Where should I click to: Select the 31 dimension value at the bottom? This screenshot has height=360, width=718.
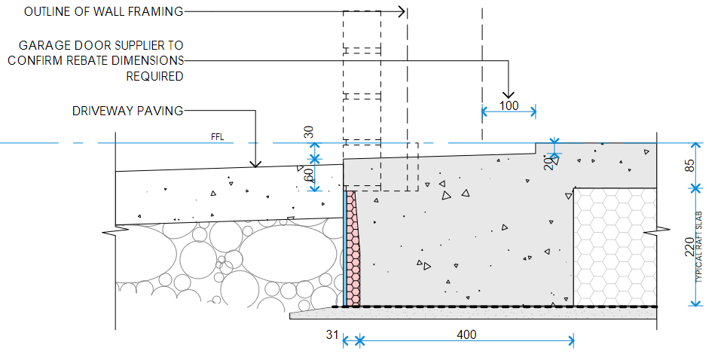pos(332,334)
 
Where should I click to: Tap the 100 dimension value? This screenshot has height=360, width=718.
pos(509,105)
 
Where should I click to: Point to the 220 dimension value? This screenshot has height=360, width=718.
pos(689,247)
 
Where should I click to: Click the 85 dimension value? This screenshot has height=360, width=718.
pos(690,164)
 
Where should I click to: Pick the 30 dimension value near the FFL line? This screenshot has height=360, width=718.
pos(307,133)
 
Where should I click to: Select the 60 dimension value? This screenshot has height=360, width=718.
pos(307,175)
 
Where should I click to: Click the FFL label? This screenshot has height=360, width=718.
pos(218,138)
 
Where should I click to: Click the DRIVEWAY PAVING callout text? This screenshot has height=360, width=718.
pos(127,111)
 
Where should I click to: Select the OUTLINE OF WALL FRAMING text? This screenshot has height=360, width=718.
pos(103,11)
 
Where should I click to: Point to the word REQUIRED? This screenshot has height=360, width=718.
pos(154,76)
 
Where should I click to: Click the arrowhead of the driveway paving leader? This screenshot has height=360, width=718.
pos(256,163)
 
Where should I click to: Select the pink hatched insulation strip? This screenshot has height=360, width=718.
pos(354,249)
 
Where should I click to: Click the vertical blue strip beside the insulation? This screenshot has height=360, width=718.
pos(346,249)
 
